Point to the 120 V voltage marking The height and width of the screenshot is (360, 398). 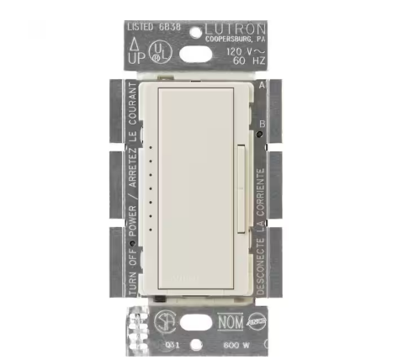click(241, 51)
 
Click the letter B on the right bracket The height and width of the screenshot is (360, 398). click(261, 124)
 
